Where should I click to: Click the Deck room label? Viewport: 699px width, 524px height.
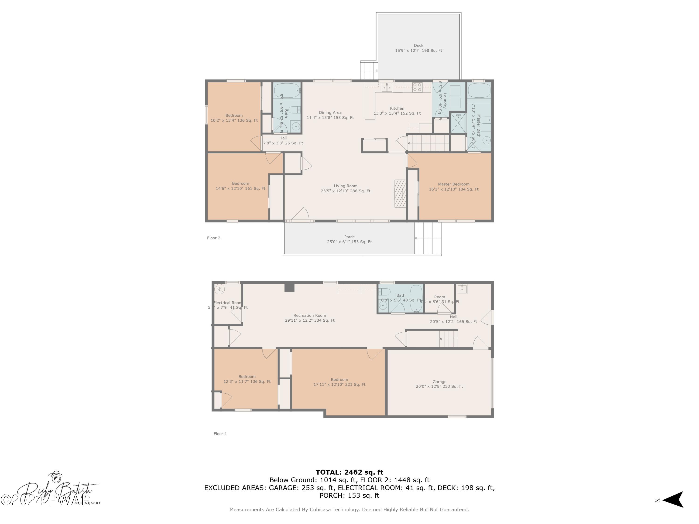(418, 48)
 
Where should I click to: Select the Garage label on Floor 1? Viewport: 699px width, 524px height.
(439, 384)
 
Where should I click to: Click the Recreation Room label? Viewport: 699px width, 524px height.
(310, 318)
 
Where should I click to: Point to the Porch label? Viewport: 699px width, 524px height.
(349, 239)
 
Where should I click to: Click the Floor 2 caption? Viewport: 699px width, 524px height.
(214, 238)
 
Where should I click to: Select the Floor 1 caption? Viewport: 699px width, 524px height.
(220, 434)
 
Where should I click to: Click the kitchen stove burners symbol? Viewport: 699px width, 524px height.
(417, 87)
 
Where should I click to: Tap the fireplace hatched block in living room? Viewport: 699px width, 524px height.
(400, 193)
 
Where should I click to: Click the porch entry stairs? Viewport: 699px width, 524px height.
(428, 238)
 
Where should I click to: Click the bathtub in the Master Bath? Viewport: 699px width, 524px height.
(479, 91)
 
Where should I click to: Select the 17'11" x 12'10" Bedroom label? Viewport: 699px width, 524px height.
(339, 382)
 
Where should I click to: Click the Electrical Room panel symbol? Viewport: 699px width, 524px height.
(219, 289)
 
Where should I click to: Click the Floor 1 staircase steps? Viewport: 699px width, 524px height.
(448, 339)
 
